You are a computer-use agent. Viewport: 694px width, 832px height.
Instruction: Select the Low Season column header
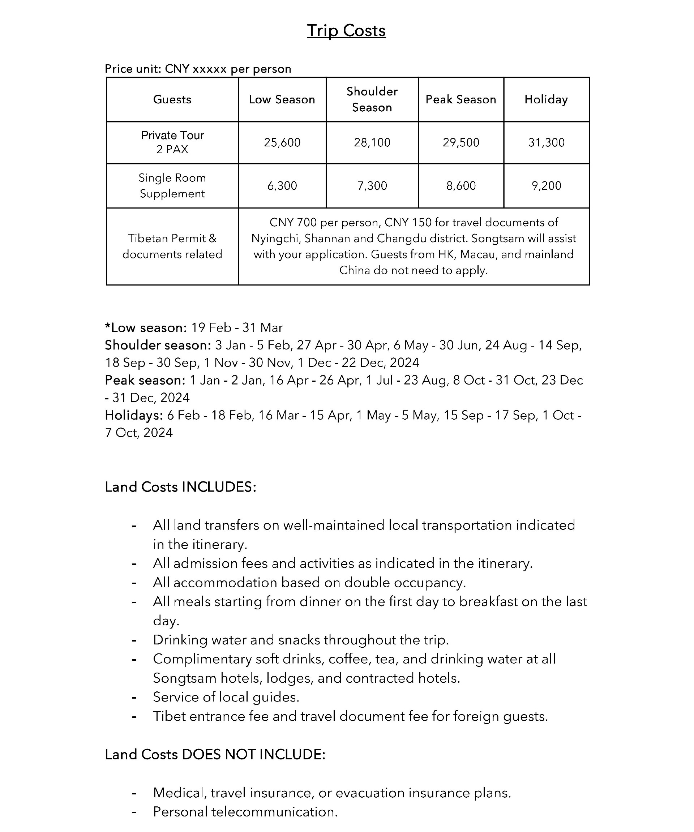pos(282,99)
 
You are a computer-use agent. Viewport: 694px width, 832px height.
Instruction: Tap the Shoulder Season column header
pos(372,99)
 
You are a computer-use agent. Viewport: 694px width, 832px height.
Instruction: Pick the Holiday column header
pos(546,99)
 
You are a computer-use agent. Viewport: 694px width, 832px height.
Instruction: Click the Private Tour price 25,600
pos(282,143)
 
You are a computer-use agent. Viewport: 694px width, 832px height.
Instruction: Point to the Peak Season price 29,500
pos(461,143)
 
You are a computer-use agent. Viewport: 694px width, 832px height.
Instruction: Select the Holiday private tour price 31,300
pos(546,143)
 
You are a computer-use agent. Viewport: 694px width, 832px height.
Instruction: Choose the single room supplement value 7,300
pos(372,186)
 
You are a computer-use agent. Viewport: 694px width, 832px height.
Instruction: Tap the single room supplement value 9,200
pos(546,186)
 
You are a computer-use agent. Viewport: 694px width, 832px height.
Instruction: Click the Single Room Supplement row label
pos(172,186)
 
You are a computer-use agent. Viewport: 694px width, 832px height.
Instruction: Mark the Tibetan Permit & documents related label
pos(172,246)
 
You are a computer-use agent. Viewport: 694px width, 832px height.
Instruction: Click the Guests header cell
pos(172,99)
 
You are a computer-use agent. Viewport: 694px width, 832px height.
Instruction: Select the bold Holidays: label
pos(134,415)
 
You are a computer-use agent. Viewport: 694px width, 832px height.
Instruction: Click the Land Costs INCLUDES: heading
pos(181,487)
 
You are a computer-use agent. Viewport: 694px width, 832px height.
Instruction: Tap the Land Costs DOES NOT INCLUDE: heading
pos(215,755)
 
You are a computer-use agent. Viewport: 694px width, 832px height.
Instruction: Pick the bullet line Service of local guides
pos(226,697)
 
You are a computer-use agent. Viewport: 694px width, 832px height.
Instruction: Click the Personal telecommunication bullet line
pos(245,812)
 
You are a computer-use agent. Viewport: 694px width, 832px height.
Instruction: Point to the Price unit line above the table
pos(198,69)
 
